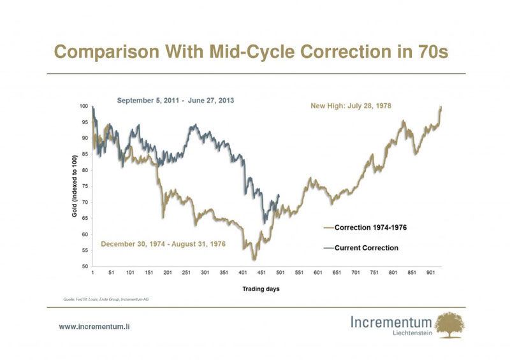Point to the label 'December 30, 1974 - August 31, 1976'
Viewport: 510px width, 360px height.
168,244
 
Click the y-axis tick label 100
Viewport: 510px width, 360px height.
84,106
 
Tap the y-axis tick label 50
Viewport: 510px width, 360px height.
85,266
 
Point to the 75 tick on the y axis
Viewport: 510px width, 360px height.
85,186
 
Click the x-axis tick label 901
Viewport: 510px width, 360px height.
430,273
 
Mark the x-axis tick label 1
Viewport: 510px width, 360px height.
92,273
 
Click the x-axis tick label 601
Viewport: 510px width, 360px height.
317,273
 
